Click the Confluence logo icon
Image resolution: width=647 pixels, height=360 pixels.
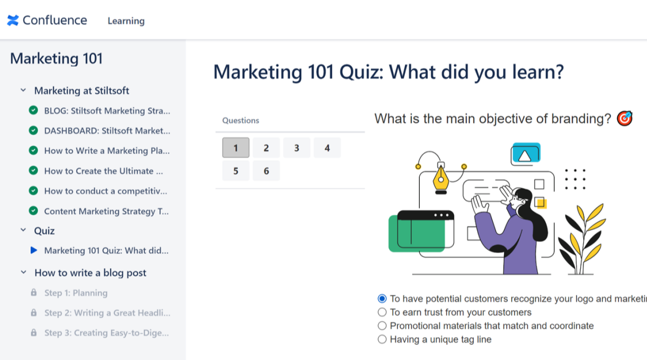[13, 21]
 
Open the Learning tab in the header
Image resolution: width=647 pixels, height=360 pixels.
[126, 21]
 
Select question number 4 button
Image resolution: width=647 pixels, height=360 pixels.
[327, 148]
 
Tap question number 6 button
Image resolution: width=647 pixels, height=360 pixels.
[266, 171]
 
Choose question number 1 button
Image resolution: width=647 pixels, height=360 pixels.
[236, 148]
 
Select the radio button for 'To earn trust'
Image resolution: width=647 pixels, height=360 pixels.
[382, 312]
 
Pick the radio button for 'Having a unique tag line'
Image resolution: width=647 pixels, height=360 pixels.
[382, 339]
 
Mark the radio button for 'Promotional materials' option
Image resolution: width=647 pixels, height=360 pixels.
[382, 326]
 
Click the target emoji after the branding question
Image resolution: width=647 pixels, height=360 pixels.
[624, 119]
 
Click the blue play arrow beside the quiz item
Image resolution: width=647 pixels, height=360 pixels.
[33, 250]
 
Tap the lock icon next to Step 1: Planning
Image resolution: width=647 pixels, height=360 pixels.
[33, 293]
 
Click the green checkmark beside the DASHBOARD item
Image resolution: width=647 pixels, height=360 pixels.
[33, 131]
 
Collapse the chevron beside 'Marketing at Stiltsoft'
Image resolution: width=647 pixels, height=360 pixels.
[23, 90]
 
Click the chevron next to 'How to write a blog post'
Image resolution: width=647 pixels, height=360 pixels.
[23, 273]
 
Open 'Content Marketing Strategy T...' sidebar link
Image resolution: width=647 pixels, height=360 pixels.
[106, 211]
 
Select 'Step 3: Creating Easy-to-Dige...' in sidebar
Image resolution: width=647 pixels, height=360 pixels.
[106, 333]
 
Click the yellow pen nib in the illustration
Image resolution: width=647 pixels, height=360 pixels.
[441, 179]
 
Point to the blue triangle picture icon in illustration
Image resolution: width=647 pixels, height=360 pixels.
[525, 155]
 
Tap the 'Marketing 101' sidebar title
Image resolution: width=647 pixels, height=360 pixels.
[56, 58]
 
